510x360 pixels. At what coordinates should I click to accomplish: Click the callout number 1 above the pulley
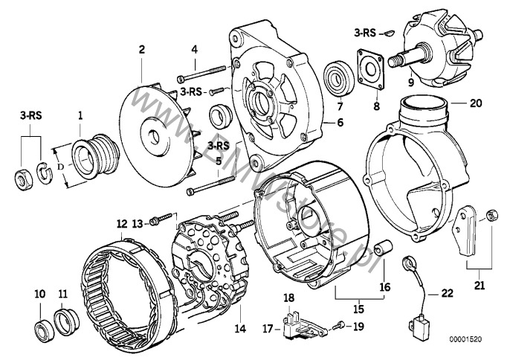click(81, 115)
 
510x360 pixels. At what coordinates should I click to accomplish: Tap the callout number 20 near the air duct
click(477, 103)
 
